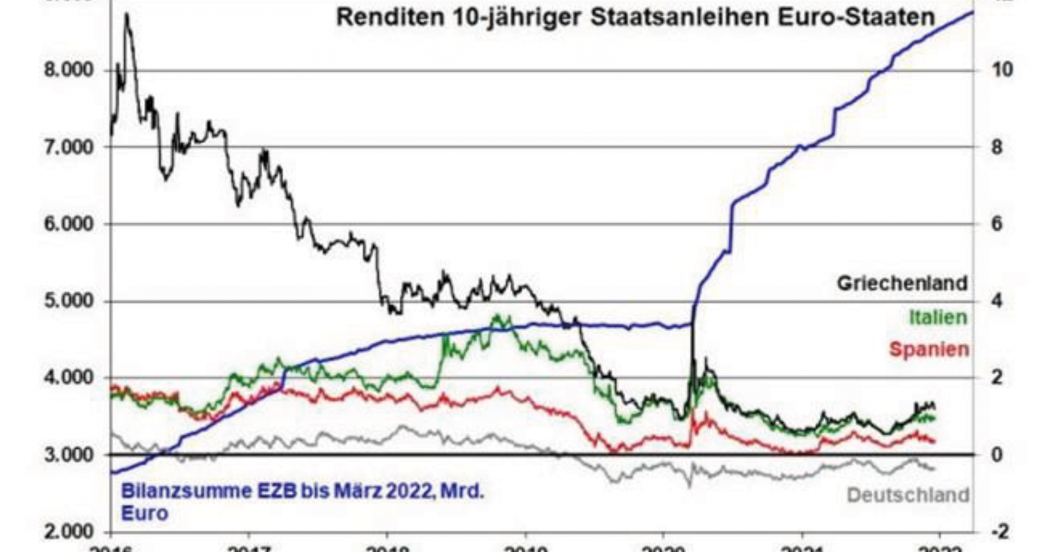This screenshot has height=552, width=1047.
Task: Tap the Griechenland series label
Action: tap(902, 283)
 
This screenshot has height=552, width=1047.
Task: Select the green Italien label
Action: tap(938, 317)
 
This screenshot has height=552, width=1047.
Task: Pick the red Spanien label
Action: tap(929, 349)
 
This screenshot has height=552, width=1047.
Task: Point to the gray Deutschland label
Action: tap(908, 495)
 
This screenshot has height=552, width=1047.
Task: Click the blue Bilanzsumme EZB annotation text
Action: tap(302, 501)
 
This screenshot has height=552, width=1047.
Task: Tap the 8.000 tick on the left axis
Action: tap(68, 70)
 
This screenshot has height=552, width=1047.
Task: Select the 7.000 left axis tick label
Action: tap(68, 147)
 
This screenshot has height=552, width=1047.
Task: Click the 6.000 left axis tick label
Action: tap(68, 224)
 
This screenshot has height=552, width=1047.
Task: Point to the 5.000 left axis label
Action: tap(68, 301)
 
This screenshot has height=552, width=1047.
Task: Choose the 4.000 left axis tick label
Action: tap(68, 377)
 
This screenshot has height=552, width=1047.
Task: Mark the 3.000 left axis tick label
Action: tap(68, 454)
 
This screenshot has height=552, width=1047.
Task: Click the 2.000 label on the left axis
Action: tap(68, 531)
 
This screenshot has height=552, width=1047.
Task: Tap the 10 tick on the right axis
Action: tap(1002, 70)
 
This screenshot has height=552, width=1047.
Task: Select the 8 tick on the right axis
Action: tap(996, 147)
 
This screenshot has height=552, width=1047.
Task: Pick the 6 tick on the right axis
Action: tap(996, 224)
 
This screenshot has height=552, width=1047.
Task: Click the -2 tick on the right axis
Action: tap(1000, 531)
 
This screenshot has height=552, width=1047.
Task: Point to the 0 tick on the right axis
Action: tap(996, 454)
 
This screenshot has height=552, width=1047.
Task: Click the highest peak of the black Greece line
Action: tap(127, 14)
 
